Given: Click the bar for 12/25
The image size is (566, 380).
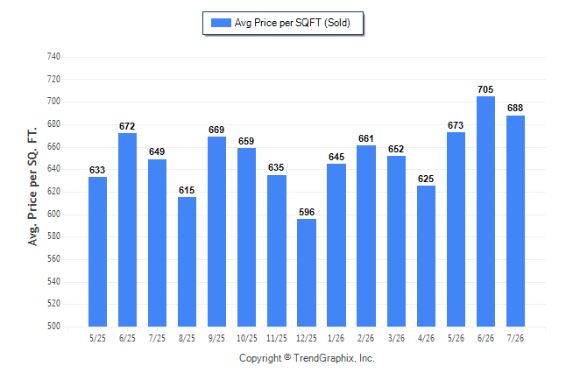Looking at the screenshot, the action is click(x=307, y=272).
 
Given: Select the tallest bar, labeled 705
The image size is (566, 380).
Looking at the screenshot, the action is click(x=485, y=212).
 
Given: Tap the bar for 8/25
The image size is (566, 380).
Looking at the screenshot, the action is click(x=187, y=262).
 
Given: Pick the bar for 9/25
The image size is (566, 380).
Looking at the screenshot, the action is click(x=216, y=231).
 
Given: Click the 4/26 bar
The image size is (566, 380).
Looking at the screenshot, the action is click(x=426, y=257).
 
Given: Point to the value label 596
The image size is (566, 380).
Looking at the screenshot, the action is click(x=307, y=212).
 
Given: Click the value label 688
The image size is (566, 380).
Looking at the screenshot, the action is click(x=515, y=108).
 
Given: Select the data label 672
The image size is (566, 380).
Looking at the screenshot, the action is click(x=127, y=126).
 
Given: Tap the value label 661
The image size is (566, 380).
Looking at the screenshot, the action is click(x=366, y=138).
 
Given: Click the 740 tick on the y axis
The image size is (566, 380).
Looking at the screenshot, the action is click(x=53, y=57).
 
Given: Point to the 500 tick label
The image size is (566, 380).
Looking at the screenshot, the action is click(x=53, y=327).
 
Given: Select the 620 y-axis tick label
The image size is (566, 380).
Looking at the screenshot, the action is click(x=53, y=192).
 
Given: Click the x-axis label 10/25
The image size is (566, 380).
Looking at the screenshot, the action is click(x=247, y=339).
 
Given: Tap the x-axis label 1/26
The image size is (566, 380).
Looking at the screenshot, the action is click(x=336, y=339).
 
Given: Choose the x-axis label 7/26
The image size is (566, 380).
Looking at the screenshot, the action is click(x=515, y=339).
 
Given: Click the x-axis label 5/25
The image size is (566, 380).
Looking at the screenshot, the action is click(x=97, y=339).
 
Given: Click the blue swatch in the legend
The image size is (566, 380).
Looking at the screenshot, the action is click(x=221, y=23).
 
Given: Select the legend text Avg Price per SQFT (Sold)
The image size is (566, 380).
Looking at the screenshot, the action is click(x=293, y=23).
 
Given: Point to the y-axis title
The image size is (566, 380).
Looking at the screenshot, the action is click(x=32, y=186).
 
